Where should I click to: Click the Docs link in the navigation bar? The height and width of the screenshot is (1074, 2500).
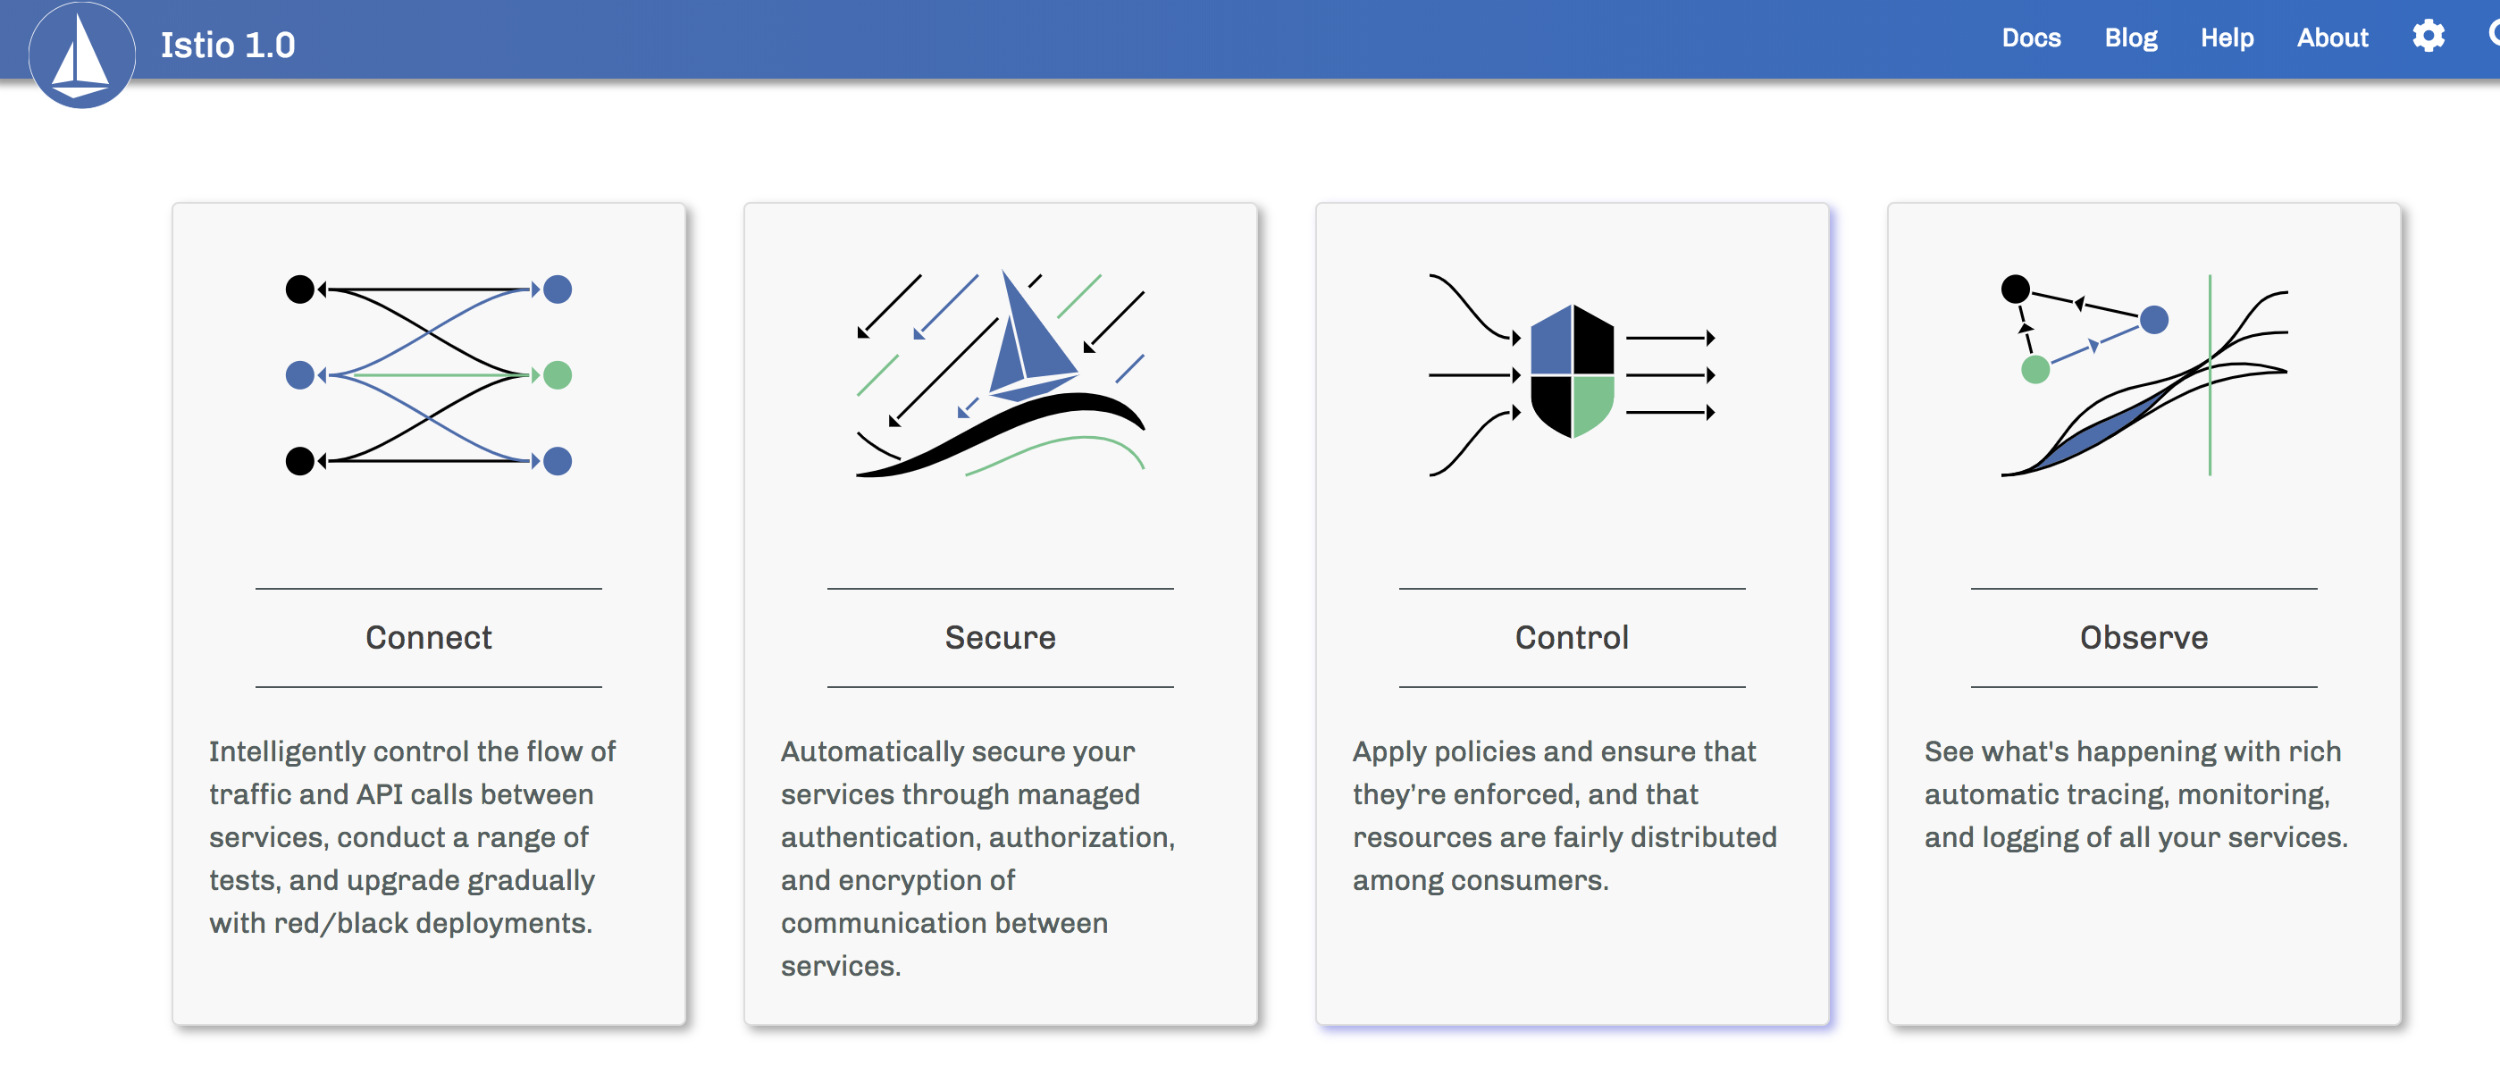click(2030, 38)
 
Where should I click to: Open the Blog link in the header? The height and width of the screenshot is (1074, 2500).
click(2130, 38)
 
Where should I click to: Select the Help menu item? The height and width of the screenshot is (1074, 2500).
click(2227, 38)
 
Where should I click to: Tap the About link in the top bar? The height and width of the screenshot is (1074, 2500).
click(2332, 38)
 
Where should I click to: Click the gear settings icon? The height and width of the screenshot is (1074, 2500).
click(2429, 36)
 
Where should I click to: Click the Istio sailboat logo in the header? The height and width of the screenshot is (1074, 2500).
click(81, 55)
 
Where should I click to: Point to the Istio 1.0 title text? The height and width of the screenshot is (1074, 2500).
click(228, 45)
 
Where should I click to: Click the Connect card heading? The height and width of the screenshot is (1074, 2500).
click(428, 637)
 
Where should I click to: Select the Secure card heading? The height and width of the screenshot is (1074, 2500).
click(1000, 637)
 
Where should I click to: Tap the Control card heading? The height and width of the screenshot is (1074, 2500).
click(1572, 637)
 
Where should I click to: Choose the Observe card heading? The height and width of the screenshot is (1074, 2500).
click(2143, 637)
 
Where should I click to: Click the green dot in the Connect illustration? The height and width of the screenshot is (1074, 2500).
click(557, 374)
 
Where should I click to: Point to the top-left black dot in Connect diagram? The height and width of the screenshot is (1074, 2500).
click(300, 289)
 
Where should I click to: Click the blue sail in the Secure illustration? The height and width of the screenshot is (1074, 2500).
click(1031, 335)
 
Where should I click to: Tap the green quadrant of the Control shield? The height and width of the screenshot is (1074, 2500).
click(1592, 403)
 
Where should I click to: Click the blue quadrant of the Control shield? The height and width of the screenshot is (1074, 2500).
click(1552, 342)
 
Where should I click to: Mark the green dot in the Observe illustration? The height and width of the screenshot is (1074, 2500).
click(2035, 370)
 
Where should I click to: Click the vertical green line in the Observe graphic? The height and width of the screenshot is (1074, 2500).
click(2210, 375)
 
